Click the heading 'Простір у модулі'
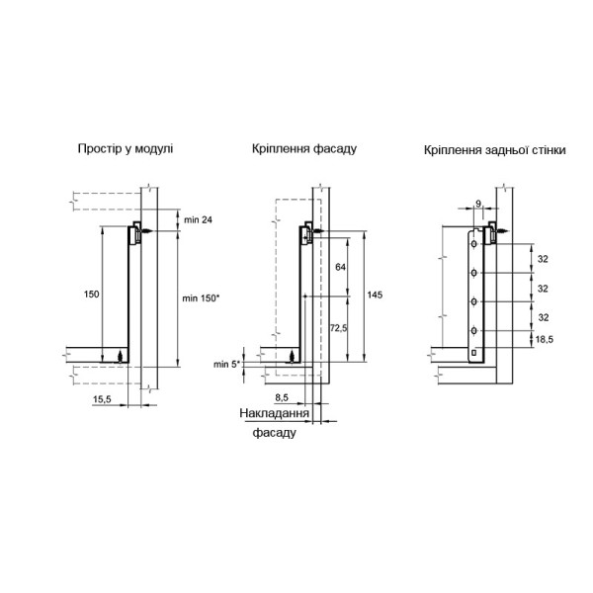pos(126,148)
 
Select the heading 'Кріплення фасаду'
pos(304,148)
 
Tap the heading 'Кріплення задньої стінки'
pos(495,150)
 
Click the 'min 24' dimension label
pos(199,219)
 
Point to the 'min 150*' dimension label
pos(201,298)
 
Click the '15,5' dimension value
pos(102,399)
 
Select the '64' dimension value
pos(340,267)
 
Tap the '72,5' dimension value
pos(338,328)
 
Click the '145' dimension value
pos(375,295)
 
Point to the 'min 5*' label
pos(227,364)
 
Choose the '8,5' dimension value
pos(282,397)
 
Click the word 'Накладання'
pos(274,413)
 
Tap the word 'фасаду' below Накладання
pos(274,432)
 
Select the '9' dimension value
pos(478,204)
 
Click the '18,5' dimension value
pos(545,340)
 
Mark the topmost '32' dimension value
pos(543,259)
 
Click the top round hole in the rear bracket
pos(473,244)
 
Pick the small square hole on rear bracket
pos(473,353)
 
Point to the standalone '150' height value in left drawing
pos(91,294)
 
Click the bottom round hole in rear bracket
pos(473,331)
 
